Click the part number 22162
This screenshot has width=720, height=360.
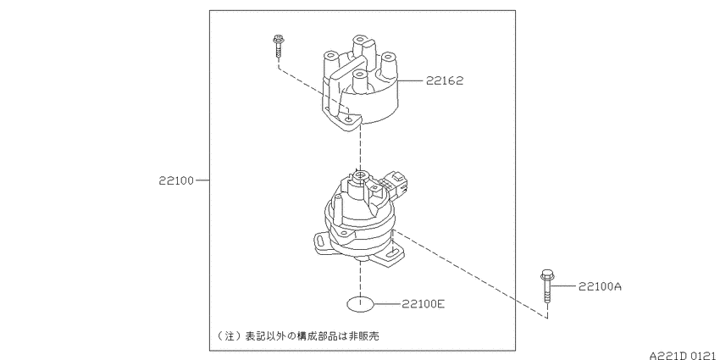click(x=445, y=80)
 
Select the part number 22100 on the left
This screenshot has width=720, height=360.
click(x=177, y=180)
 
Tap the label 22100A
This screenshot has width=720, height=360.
click(x=601, y=286)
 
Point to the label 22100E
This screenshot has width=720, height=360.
click(x=423, y=303)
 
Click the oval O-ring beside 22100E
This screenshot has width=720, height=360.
click(x=361, y=304)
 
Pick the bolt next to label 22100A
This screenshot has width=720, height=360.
click(x=546, y=286)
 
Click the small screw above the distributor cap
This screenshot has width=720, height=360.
click(x=277, y=46)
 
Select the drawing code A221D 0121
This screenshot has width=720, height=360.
click(x=684, y=356)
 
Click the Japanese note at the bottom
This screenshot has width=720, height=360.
click(x=298, y=335)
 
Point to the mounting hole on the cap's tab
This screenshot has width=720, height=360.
click(x=350, y=119)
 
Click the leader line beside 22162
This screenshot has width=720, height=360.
click(x=411, y=80)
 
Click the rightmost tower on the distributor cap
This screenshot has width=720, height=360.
click(x=388, y=64)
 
